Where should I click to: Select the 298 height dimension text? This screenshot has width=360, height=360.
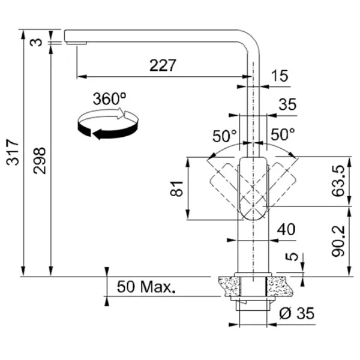40,161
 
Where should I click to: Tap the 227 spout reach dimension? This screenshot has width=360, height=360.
163,66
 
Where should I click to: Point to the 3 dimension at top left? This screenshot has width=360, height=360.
40,42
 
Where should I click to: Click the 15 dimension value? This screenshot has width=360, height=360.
280,76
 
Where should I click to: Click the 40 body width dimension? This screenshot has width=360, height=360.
286,229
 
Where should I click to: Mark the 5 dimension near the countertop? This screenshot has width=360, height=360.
293,257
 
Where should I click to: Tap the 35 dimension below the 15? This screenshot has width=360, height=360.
287,104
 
